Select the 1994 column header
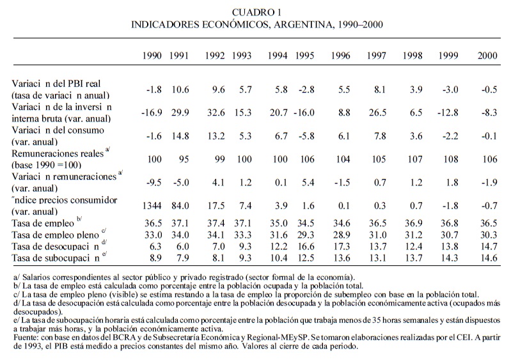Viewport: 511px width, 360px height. coord(278,56)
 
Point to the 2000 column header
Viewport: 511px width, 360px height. coord(488,56)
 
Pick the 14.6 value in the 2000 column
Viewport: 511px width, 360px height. coord(488,257)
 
